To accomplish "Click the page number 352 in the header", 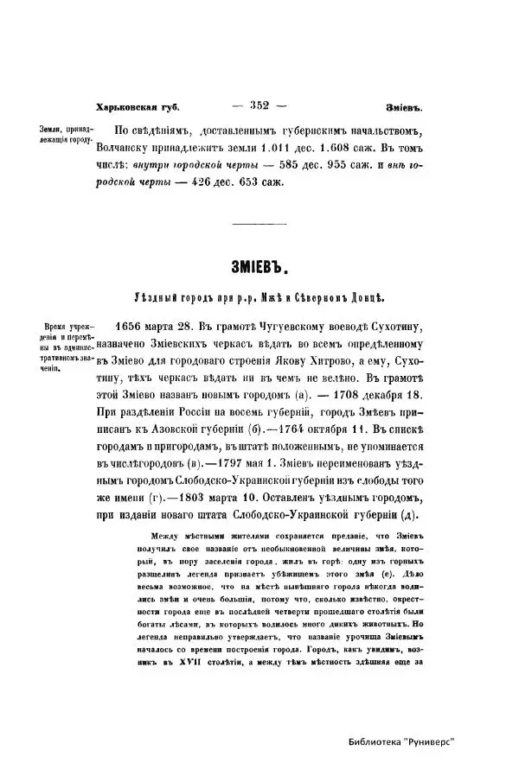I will [260, 106].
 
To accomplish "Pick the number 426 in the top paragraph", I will [206, 182].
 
